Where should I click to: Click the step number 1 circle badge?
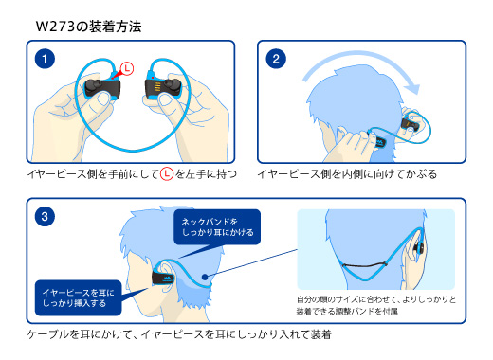[45, 59]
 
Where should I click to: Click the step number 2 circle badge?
[276, 59]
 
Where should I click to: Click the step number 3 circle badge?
[45, 217]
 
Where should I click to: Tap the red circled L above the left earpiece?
[127, 68]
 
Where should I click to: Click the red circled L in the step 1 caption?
[166, 174]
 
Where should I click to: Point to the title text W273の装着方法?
[88, 27]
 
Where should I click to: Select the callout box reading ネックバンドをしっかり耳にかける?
[217, 227]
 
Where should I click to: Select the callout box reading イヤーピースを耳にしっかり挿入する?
[78, 297]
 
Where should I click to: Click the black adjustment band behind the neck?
[364, 265]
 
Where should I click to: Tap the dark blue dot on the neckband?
[205, 277]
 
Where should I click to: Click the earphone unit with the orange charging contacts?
[162, 86]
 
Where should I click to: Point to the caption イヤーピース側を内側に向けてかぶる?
[347, 174]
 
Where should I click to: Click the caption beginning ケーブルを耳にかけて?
[179, 334]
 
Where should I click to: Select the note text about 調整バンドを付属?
[376, 305]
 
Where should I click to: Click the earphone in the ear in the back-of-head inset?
[418, 246]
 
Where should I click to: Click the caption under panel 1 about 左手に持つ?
[132, 174]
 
